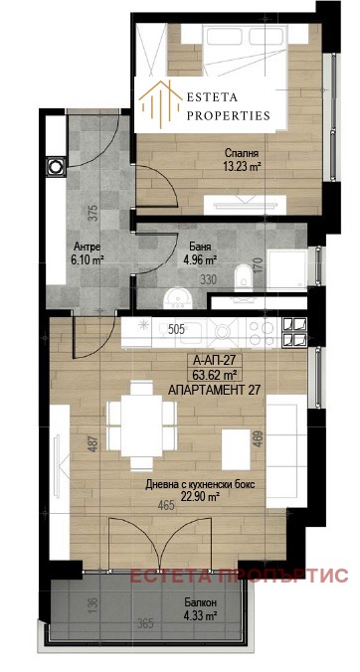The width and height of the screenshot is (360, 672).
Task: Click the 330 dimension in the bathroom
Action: pos(207,281)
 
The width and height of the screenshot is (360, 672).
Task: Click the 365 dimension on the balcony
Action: pos(145,624)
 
